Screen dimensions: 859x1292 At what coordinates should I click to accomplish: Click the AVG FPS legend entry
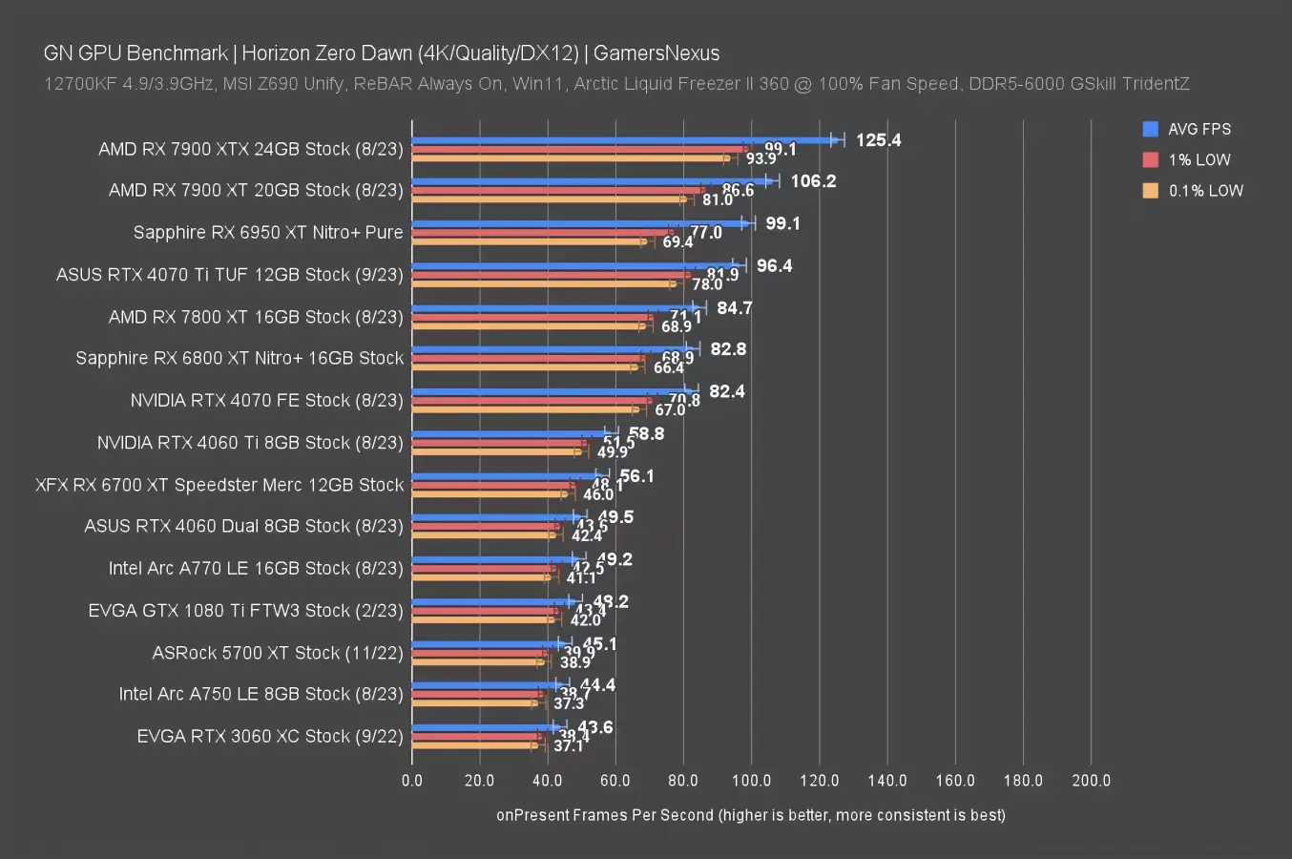pos(1198,129)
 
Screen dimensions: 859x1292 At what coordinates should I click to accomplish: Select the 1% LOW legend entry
pos(1198,159)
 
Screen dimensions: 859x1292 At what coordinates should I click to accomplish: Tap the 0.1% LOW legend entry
pos(1205,190)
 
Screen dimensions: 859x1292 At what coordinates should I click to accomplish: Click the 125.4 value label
pos(878,140)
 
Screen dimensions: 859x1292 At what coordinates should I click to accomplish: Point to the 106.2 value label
pos(813,181)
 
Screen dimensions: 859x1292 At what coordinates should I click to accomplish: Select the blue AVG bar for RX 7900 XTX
pos(620,140)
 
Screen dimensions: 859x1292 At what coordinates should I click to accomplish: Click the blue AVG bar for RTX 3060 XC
pos(482,727)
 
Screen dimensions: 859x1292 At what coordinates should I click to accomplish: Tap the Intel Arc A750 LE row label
pos(260,694)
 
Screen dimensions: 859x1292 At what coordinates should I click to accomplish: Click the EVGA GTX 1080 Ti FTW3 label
pos(245,610)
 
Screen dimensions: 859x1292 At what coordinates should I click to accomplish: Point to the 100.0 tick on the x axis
pos(751,781)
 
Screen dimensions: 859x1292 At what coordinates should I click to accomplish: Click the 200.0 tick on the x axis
pos(1091,781)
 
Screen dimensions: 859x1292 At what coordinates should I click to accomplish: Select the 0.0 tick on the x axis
pos(412,781)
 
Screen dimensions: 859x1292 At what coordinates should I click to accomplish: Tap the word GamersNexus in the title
pos(656,53)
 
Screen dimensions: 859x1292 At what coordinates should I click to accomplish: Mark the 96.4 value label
pos(774,265)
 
